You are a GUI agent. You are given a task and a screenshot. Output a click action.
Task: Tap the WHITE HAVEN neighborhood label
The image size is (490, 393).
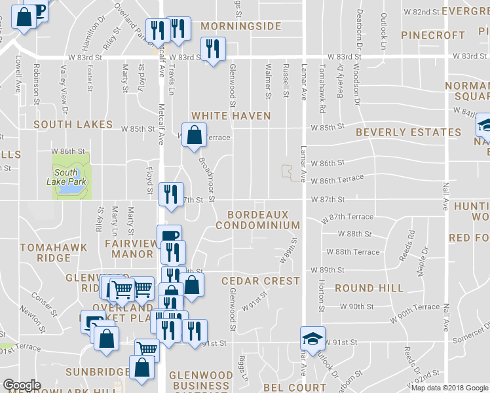coord(231,116)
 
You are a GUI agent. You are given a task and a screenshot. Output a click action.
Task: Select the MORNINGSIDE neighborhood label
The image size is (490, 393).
coord(240,27)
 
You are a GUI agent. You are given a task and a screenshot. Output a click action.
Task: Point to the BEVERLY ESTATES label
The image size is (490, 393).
coord(408,132)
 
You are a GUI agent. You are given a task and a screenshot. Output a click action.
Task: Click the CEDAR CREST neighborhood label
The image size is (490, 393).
coord(260,281)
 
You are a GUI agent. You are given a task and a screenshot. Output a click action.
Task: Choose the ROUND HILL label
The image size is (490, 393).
coord(369,288)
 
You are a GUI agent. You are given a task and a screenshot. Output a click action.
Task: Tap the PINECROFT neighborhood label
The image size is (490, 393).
coord(432,35)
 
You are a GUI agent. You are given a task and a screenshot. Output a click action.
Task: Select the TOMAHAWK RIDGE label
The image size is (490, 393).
coord(45,252)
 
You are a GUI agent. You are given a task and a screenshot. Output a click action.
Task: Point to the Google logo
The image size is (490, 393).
coord(22,385)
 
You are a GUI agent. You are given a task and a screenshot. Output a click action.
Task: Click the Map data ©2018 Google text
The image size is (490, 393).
coord(449,388)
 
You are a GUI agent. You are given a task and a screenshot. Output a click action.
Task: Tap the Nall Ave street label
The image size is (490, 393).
coord(445,196)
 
